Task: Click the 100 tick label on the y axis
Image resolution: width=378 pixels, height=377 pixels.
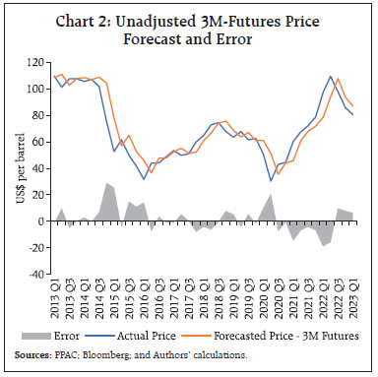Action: [x=36, y=89]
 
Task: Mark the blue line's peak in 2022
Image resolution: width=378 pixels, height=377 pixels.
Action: [x=331, y=76]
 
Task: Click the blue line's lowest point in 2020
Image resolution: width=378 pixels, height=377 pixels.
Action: [x=271, y=180]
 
